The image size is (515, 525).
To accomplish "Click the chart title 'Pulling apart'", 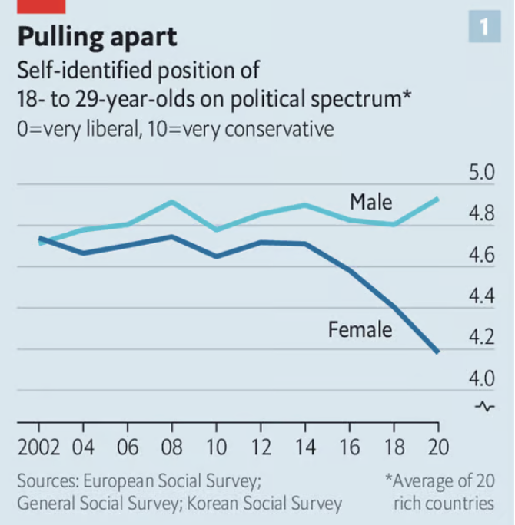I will coord(97,35).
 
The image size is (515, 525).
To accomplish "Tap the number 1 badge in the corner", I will coord(483,28).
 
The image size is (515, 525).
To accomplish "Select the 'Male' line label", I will coord(370,202).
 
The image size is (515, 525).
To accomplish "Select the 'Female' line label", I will coord(360,330).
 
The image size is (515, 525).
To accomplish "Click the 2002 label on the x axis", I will coord(39,447).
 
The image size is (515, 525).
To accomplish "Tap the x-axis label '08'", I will coord(172,447).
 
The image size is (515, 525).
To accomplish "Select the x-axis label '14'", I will coord(304,447).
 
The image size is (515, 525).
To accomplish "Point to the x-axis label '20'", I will coord(437,447).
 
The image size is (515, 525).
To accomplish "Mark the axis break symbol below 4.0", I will coord(483,406).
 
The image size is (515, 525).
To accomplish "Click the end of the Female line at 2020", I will coord(437,352).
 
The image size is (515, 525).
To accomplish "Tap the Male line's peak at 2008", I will coord(172,202).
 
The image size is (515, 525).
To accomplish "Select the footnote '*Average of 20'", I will coord(439,482).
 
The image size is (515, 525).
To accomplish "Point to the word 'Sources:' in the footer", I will coord(48,482).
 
